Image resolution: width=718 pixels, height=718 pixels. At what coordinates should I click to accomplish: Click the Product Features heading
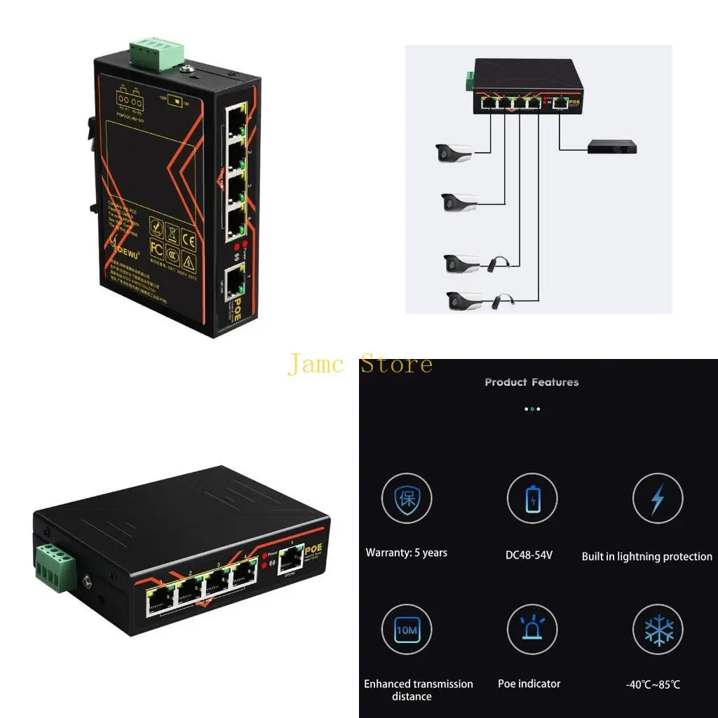(x=531, y=382)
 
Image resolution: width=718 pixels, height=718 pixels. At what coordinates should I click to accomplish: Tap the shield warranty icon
(x=407, y=499)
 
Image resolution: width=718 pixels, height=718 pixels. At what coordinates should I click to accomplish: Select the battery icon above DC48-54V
(x=532, y=499)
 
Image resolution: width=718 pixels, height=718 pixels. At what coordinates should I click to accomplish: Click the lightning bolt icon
(x=657, y=499)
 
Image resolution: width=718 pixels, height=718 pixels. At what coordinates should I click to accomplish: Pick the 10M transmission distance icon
(x=407, y=630)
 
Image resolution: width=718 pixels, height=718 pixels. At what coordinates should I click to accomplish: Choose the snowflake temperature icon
(x=657, y=630)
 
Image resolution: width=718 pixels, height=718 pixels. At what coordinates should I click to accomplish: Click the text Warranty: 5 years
(x=407, y=553)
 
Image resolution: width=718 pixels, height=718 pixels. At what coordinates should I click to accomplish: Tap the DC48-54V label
(x=529, y=555)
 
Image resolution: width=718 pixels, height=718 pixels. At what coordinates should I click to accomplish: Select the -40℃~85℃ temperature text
(x=653, y=684)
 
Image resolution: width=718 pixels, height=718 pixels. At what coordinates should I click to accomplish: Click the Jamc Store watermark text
(x=360, y=365)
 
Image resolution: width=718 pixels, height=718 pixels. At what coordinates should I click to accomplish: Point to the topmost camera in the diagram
(x=454, y=152)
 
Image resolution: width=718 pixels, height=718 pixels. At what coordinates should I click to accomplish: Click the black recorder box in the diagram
(x=611, y=146)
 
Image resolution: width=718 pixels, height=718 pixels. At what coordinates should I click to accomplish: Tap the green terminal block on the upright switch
(x=156, y=54)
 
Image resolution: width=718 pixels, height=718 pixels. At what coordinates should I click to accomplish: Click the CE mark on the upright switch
(x=188, y=236)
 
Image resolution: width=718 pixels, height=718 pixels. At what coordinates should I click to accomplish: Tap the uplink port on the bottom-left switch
(x=290, y=559)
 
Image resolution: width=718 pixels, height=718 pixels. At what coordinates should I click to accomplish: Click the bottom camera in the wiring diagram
(x=463, y=301)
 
